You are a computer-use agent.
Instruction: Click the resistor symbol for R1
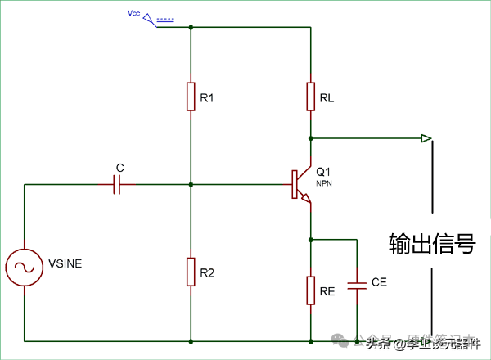191,97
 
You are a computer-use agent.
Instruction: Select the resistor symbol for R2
191,271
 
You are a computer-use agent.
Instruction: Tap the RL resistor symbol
312,97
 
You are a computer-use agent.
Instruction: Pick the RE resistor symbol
312,290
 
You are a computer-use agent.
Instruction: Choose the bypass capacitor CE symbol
357,286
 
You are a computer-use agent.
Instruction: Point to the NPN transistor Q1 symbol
300,186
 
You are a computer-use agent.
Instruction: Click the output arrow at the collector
426,137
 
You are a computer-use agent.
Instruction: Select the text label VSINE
65,263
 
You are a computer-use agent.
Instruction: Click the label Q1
324,172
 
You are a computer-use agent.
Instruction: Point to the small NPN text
323,184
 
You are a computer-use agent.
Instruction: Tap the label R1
207,98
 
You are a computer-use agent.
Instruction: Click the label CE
379,282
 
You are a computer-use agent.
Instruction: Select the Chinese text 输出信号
432,243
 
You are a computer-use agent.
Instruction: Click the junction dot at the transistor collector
312,137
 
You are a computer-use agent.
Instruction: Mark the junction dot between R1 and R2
191,185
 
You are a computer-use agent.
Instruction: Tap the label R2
207,272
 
